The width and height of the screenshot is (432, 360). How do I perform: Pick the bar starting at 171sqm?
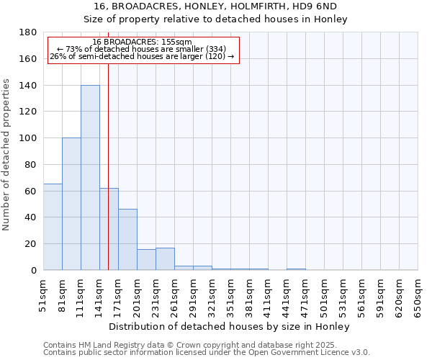point(127,240)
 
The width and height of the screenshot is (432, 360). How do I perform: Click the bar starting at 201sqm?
point(146,259)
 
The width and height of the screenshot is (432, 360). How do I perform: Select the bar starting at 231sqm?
point(165,259)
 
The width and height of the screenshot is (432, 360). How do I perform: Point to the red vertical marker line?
point(108,166)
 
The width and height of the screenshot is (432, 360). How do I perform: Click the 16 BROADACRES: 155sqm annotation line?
point(142,42)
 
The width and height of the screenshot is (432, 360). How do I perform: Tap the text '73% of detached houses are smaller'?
point(142,49)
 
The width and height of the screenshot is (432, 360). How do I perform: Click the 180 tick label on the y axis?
point(29,32)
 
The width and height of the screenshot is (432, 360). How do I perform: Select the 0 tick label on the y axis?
point(34,270)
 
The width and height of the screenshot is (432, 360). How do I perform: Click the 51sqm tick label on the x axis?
point(44,295)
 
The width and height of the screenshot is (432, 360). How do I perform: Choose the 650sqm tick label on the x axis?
point(418,295)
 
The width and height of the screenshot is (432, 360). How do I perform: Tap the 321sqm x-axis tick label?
point(212,295)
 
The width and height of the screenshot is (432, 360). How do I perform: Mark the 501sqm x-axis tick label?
point(324,295)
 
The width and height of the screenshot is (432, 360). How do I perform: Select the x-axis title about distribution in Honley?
point(230,326)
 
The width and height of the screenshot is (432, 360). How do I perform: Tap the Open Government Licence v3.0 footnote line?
point(207,352)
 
